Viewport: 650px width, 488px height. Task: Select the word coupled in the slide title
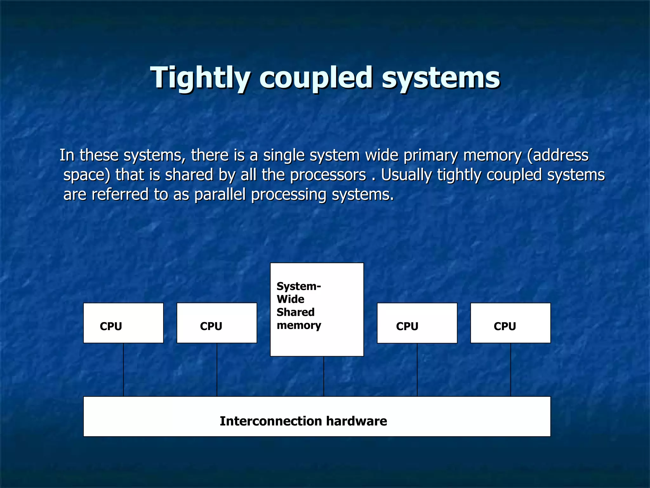pos(315,78)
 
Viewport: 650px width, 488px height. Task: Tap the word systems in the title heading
pos(441,78)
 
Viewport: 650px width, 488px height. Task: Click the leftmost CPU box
pos(123,323)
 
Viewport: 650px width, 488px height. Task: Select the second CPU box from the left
pos(217,323)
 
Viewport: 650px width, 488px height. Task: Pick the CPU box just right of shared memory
pos(417,323)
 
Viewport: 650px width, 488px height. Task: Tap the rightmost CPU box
pos(510,323)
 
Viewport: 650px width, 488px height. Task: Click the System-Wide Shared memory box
pos(317,309)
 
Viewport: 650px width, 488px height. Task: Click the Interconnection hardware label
pos(303,421)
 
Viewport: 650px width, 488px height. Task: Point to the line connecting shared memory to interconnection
pos(324,376)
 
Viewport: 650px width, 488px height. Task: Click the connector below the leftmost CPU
pos(123,369)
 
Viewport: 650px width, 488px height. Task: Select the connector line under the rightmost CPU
pos(511,369)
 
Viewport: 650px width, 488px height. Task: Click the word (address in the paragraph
pos(558,155)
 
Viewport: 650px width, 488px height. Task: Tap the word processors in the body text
pos(328,175)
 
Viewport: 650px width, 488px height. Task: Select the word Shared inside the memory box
pos(295,312)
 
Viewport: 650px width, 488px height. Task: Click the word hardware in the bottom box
pos(356,421)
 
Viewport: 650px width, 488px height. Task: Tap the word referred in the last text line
pos(120,194)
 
